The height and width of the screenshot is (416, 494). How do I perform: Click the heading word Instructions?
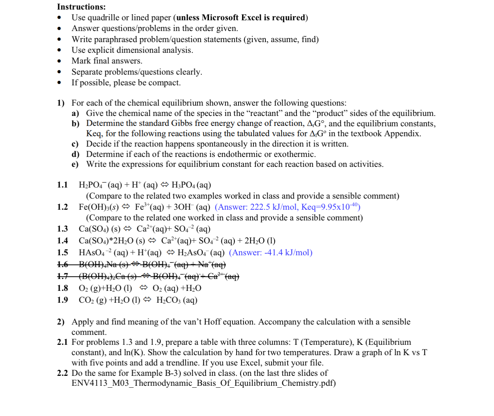pyautogui.click(x=81, y=7)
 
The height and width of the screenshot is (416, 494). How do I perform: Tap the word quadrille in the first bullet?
pyautogui.click(x=103, y=18)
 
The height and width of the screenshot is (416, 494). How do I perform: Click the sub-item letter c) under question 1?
pyautogui.click(x=75, y=144)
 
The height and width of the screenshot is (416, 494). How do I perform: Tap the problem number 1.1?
pyautogui.click(x=62, y=185)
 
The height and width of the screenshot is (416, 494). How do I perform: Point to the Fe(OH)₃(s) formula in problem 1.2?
pyautogui.click(x=98, y=207)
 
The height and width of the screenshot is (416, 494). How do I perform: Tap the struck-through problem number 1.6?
pyautogui.click(x=62, y=264)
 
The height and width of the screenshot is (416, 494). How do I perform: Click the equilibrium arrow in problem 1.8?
pyautogui.click(x=144, y=288)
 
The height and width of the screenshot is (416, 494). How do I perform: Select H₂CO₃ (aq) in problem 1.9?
pyautogui.click(x=177, y=300)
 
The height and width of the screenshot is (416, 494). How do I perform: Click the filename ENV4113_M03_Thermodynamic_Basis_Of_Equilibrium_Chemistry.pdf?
pyautogui.click(x=203, y=383)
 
